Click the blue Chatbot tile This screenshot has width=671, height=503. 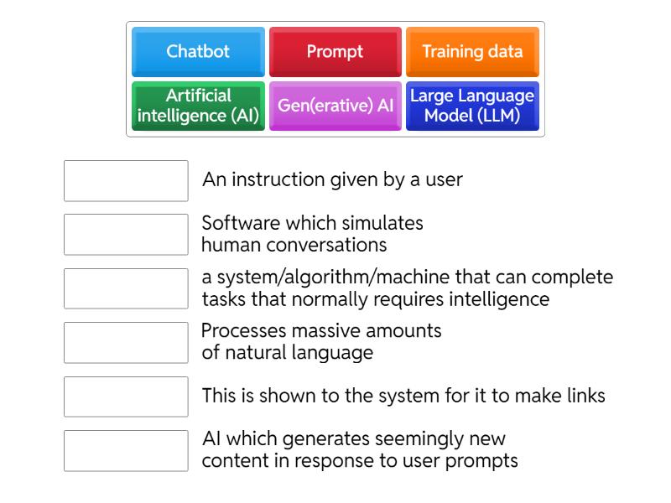(198, 52)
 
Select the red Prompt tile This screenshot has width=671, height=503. (335, 52)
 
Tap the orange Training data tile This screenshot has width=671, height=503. (472, 52)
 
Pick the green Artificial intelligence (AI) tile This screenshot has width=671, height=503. (198, 106)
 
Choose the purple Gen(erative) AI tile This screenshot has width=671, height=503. (335, 106)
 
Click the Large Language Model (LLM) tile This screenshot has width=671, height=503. (472, 106)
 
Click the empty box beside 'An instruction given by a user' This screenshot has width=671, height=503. (126, 181)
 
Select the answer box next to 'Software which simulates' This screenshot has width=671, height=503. (126, 235)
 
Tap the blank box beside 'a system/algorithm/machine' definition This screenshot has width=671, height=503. (126, 288)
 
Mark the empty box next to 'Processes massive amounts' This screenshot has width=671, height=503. (126, 343)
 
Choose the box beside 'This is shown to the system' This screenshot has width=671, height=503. (126, 397)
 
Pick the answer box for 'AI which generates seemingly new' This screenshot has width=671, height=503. (126, 451)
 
